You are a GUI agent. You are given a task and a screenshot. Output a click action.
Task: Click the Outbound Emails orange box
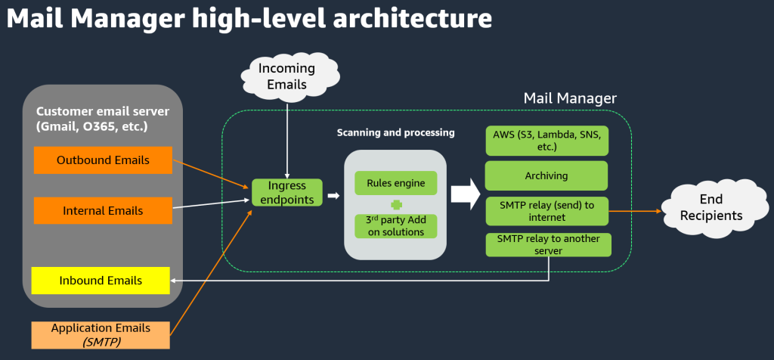pyautogui.click(x=103, y=160)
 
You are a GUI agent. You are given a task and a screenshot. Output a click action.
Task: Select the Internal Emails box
pyautogui.click(x=103, y=210)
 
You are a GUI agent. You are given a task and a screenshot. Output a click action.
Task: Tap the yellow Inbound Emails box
pyautogui.click(x=101, y=281)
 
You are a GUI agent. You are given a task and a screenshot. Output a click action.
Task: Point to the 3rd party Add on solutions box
pyautogui.click(x=395, y=226)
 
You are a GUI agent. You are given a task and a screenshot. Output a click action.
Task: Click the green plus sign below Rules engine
pyautogui.click(x=395, y=204)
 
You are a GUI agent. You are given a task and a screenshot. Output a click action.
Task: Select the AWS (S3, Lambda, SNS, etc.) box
pyautogui.click(x=546, y=140)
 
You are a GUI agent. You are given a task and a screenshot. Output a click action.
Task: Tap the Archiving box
pyautogui.click(x=546, y=175)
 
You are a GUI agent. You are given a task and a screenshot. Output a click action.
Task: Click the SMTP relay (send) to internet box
pyautogui.click(x=546, y=211)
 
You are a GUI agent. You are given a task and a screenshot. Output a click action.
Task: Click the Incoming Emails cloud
pyautogui.click(x=287, y=76)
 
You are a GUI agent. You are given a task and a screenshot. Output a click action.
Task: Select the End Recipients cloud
pyautogui.click(x=711, y=207)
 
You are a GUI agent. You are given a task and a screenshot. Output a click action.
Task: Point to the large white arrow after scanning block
pyautogui.click(x=466, y=194)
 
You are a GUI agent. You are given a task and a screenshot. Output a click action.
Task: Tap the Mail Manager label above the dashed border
pyautogui.click(x=570, y=98)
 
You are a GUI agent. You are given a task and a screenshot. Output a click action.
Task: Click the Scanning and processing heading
pyautogui.click(x=395, y=132)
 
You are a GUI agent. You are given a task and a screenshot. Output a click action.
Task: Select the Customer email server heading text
pyautogui.click(x=102, y=119)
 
